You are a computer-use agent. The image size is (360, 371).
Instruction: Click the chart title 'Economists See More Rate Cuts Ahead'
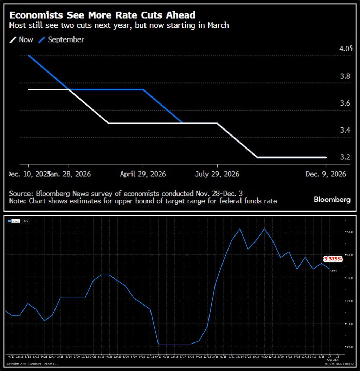point(102,15)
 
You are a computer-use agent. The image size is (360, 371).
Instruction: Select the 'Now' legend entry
point(26,40)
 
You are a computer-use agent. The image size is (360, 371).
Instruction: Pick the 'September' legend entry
point(66,40)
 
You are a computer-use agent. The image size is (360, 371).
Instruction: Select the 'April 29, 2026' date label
point(143,174)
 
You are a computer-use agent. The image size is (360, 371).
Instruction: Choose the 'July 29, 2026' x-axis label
point(217,174)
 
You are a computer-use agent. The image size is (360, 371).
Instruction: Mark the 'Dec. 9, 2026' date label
point(326,174)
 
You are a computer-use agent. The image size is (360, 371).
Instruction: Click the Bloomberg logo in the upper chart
point(332,200)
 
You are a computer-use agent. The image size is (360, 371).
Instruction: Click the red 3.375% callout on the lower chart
point(333,259)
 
